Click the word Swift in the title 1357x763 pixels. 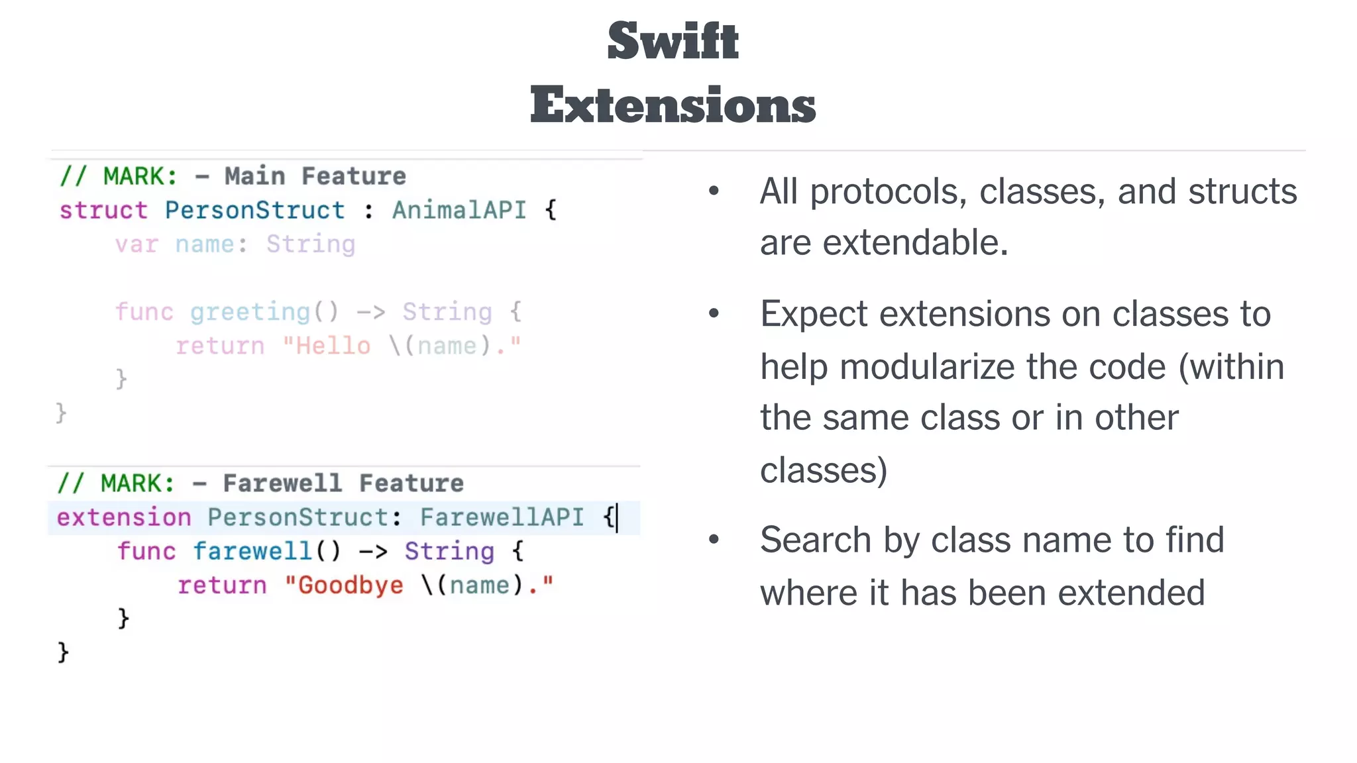tap(673, 41)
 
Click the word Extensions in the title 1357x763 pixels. tap(673, 105)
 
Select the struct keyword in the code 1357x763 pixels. tap(103, 211)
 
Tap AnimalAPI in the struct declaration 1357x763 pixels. tap(459, 211)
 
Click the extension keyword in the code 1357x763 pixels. tap(124, 517)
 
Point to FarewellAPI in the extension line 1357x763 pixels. tap(502, 517)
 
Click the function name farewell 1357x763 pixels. tap(252, 551)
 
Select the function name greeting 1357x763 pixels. tap(250, 311)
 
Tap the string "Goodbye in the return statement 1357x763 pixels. tap(344, 585)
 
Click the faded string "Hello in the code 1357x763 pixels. tap(327, 346)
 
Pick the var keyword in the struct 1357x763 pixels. tap(136, 244)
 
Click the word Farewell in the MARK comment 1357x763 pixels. tap(282, 483)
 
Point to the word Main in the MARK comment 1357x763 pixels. tap(255, 176)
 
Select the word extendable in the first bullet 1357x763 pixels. tap(915, 242)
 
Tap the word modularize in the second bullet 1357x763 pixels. tap(1002, 367)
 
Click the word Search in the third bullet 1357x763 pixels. tap(814, 540)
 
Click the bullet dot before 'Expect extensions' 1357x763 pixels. tap(714, 313)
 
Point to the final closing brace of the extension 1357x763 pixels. tap(63, 652)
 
